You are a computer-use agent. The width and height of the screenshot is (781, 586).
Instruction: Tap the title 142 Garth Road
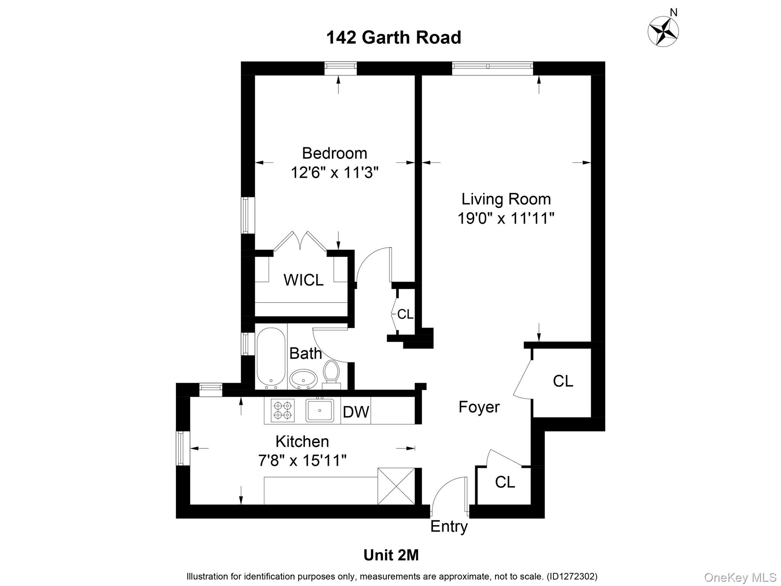click(394, 38)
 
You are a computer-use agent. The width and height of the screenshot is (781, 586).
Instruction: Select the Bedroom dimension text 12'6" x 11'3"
click(334, 172)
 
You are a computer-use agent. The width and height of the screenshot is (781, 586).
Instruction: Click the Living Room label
click(506, 199)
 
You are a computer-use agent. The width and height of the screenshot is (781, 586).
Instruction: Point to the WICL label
click(304, 280)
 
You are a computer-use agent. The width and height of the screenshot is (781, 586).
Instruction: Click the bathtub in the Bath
click(271, 357)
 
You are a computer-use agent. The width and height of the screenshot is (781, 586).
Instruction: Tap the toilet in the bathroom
click(331, 372)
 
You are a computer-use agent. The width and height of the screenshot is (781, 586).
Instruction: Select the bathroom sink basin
click(304, 379)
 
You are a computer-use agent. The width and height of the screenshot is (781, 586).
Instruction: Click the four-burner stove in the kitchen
click(283, 410)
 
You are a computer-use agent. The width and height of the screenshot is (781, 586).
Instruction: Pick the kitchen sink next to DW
click(320, 410)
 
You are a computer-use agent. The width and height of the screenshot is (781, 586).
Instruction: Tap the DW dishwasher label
click(356, 412)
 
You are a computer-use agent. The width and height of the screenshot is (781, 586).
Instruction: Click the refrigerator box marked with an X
click(396, 486)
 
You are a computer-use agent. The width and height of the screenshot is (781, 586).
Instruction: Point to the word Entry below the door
click(449, 526)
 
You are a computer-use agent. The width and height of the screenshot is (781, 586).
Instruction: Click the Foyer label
click(479, 407)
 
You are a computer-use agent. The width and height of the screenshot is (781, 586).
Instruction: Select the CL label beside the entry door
click(505, 482)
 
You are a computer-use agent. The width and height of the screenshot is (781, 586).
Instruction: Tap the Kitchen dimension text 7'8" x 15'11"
click(302, 460)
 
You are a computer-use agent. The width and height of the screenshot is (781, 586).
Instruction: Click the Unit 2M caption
click(391, 555)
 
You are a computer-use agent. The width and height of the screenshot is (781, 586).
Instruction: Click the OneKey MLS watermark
click(740, 577)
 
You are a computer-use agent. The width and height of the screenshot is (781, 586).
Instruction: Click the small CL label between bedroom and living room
click(405, 314)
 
